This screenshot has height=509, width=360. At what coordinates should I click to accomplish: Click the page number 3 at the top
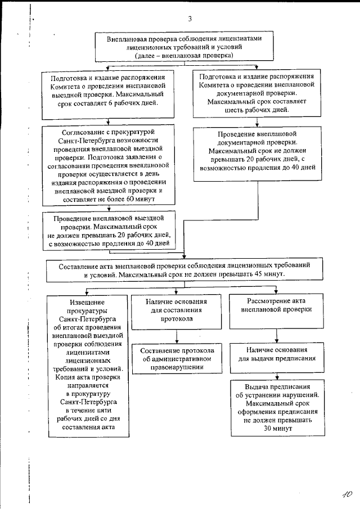(x=190, y=19)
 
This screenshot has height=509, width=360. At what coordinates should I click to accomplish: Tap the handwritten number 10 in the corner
(x=346, y=493)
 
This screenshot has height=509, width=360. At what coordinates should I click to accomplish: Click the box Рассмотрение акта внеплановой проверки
(x=276, y=305)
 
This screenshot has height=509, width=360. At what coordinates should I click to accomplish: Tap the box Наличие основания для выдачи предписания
(x=276, y=353)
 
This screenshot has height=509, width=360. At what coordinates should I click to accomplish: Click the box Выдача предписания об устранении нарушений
(x=277, y=407)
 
